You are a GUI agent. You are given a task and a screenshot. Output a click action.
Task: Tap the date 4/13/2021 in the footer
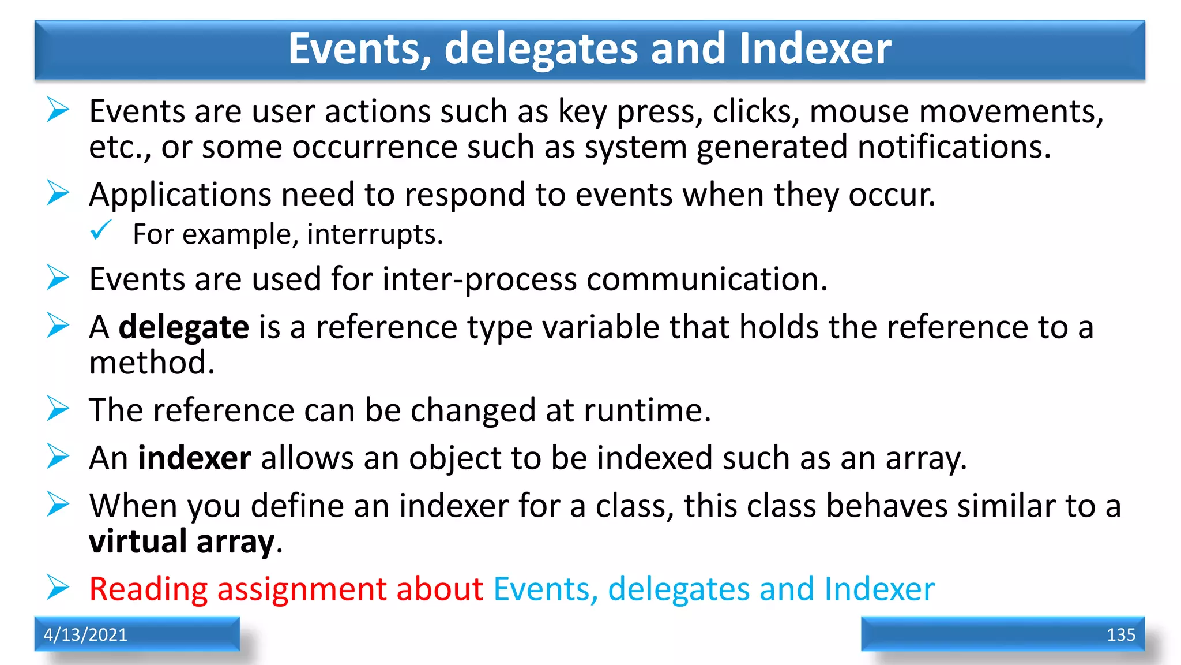point(85,634)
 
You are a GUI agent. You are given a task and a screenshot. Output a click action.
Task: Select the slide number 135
point(1120,634)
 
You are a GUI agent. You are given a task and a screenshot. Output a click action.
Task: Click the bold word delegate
point(184,327)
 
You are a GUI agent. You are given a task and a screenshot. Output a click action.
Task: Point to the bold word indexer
point(194,458)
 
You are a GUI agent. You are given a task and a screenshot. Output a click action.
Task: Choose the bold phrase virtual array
point(182,542)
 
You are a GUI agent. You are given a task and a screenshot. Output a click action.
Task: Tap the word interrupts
point(375,234)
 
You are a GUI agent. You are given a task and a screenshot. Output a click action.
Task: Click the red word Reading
point(148,589)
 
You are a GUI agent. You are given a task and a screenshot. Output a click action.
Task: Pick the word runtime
point(647,410)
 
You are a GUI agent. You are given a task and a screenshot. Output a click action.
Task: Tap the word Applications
point(180,195)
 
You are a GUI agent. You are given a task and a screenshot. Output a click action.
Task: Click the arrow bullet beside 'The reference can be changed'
point(58,409)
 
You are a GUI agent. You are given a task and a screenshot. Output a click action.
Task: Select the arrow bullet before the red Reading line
point(58,588)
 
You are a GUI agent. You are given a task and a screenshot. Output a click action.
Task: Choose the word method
point(152,363)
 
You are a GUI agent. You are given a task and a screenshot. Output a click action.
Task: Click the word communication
point(707,279)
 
